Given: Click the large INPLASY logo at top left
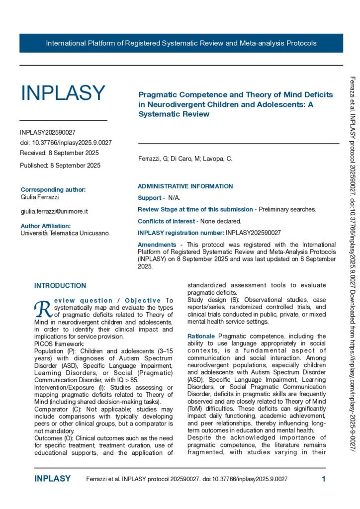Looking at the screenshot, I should tap(63, 93).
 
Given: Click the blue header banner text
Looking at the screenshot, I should tap(181, 43).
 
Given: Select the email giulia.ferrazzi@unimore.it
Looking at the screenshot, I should tap(54, 211).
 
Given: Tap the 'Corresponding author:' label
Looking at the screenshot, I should tap(53, 189).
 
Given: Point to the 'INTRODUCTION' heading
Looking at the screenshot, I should tap(60, 286).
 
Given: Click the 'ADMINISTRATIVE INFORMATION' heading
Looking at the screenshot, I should tap(185, 186).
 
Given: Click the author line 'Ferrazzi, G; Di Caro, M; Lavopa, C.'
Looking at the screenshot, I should tap(184, 159).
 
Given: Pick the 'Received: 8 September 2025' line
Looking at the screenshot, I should tap(59, 153).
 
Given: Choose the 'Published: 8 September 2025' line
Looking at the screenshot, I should tap(60, 166).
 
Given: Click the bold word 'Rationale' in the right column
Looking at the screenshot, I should tap(201, 323).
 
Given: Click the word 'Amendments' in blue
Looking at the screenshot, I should tap(157, 245).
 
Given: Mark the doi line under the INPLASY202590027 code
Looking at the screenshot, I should tap(66, 143).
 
